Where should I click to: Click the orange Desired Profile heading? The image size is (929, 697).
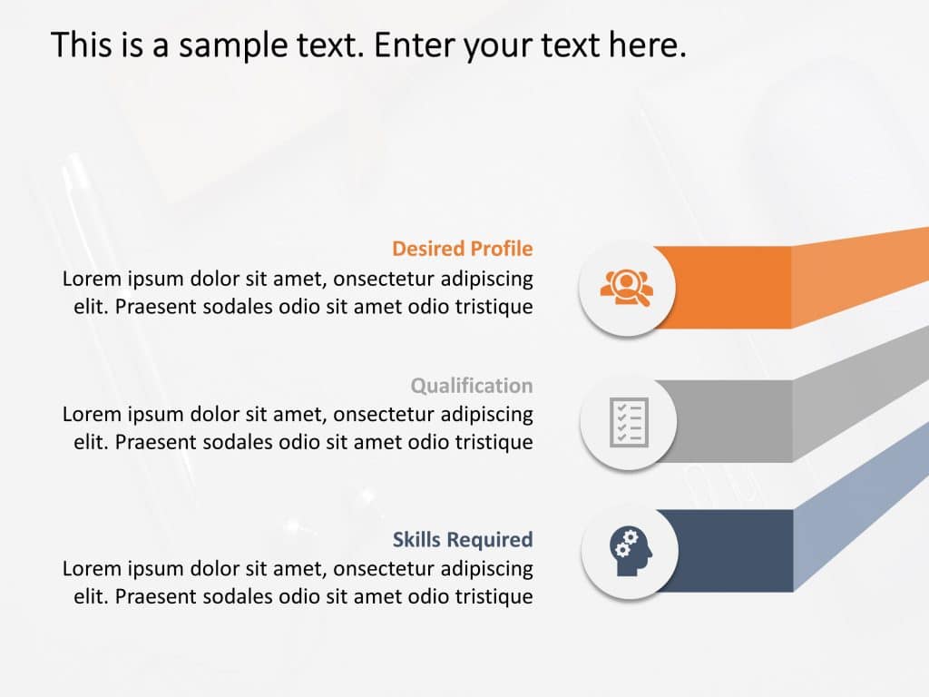click(462, 249)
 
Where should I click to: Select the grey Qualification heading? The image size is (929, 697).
click(471, 386)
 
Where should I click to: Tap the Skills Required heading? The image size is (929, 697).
click(462, 540)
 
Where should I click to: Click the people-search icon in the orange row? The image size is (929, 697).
click(626, 288)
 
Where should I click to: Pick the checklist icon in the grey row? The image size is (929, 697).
click(628, 421)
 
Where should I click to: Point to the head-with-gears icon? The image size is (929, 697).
click(630, 550)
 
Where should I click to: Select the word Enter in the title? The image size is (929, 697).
click(415, 44)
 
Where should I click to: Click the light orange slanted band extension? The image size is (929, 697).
click(862, 272)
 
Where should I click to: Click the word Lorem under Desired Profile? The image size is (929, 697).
click(91, 279)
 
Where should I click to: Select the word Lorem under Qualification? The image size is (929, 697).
click(91, 415)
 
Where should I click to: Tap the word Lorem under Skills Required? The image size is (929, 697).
click(91, 569)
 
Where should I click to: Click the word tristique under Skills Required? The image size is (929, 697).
click(495, 597)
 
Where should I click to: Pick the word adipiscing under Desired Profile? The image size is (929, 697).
click(486, 279)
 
